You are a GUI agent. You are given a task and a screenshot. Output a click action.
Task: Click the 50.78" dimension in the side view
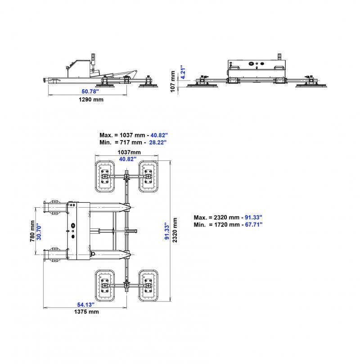(87, 91)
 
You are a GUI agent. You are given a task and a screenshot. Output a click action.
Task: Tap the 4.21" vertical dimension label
(182, 73)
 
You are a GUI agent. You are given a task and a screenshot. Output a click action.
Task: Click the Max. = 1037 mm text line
(133, 135)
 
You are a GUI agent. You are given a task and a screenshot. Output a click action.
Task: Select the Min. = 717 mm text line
(133, 142)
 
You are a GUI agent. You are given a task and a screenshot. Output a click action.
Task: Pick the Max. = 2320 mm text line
(228, 217)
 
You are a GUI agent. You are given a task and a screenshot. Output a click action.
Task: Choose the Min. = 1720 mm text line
(228, 224)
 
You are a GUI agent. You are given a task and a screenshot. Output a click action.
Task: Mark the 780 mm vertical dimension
(32, 231)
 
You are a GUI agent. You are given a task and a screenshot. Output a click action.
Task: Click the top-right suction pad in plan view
(148, 176)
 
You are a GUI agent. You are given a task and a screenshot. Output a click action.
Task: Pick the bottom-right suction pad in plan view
(148, 285)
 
